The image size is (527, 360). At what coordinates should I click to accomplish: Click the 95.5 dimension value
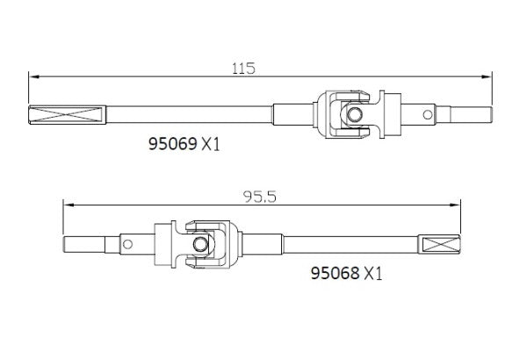pyautogui.click(x=259, y=198)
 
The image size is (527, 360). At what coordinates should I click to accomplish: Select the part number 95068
pyautogui.click(x=333, y=273)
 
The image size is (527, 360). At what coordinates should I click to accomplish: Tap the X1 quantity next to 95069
pyautogui.click(x=211, y=145)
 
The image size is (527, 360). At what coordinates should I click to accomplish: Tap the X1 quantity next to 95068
pyautogui.click(x=373, y=273)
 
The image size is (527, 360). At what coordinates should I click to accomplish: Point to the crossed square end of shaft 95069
pyautogui.click(x=68, y=113)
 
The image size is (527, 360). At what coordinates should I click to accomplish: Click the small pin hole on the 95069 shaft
pyautogui.click(x=428, y=114)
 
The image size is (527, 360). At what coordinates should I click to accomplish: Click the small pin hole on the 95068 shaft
pyautogui.click(x=126, y=243)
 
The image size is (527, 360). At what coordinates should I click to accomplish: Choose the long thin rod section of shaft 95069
pyautogui.click(x=189, y=114)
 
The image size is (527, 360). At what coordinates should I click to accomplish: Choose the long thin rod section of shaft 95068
pyautogui.click(x=351, y=243)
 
